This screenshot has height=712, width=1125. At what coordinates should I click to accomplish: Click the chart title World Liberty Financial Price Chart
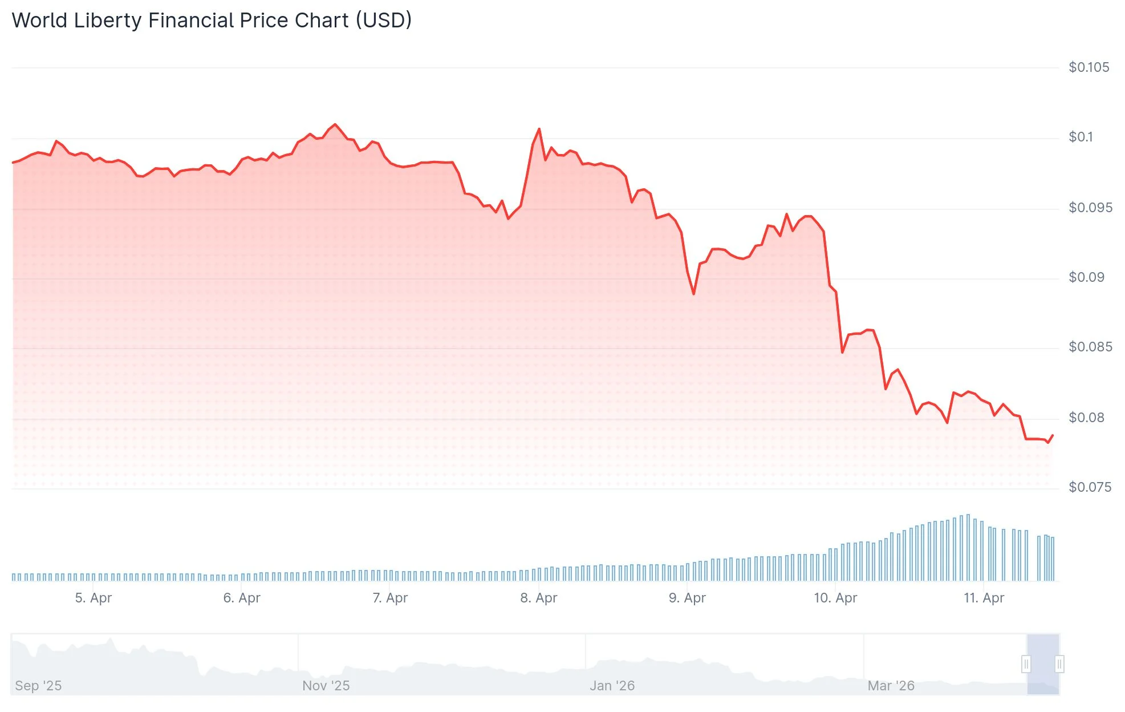coord(212,21)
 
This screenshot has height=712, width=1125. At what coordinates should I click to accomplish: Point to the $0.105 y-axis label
coord(1089,67)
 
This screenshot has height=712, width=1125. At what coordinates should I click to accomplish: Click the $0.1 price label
coord(1081,137)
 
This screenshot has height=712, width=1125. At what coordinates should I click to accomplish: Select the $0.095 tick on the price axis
coord(1090,208)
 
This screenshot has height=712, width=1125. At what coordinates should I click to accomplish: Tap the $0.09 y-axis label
coord(1086,277)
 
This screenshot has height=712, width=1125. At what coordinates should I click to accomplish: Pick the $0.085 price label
coord(1090,347)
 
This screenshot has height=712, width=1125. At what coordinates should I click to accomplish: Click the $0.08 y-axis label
coord(1086,418)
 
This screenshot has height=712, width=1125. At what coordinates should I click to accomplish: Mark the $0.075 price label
coord(1090,487)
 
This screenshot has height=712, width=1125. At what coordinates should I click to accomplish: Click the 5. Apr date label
coord(94,598)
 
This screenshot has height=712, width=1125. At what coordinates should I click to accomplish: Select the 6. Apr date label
coord(242,598)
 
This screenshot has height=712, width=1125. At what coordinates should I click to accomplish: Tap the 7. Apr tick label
coord(390,598)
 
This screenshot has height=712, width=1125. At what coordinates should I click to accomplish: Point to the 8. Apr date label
coord(538,598)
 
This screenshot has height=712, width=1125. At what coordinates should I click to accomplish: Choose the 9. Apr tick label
coord(687,598)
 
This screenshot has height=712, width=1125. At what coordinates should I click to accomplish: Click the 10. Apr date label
coord(835,598)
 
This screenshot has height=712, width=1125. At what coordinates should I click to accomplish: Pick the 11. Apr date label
coord(984,598)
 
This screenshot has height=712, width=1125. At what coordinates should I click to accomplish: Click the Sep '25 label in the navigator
coord(38,686)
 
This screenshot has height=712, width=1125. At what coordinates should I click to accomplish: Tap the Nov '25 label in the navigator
coord(326,686)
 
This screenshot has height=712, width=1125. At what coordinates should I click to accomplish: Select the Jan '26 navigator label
coord(612,686)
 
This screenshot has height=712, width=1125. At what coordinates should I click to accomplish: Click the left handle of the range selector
coord(1026,664)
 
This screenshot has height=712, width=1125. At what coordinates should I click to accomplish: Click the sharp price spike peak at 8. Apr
coord(539,130)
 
